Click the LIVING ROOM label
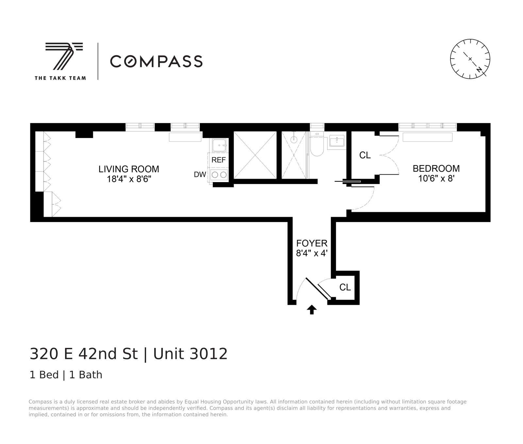(x=129, y=169)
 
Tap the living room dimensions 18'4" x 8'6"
(x=129, y=179)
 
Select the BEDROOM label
(x=436, y=168)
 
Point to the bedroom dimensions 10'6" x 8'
(x=436, y=179)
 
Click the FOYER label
(x=312, y=243)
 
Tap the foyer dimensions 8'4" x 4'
(x=312, y=253)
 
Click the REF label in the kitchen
(x=218, y=160)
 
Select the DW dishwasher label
(x=200, y=175)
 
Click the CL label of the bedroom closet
(x=365, y=155)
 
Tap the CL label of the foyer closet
(x=345, y=287)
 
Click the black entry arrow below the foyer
(x=312, y=309)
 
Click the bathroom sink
(x=336, y=142)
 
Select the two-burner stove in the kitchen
(x=219, y=175)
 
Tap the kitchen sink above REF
(x=218, y=145)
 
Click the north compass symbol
(x=470, y=59)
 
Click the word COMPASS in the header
(x=156, y=61)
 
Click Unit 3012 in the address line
(x=190, y=354)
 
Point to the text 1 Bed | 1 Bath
(x=66, y=375)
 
